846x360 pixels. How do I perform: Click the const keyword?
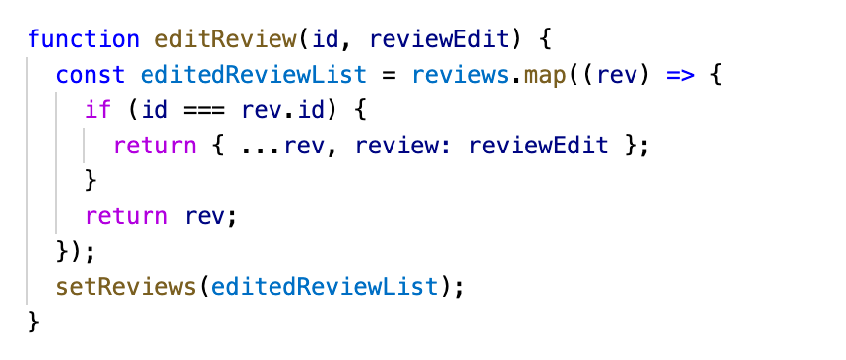(91, 75)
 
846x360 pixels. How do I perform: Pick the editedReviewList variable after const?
(254, 75)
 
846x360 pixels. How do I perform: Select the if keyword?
(98, 110)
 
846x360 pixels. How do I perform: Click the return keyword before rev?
(127, 216)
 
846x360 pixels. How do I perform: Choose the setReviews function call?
(126, 287)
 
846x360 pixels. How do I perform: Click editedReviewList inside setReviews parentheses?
(325, 287)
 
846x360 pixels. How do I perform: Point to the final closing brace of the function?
(34, 323)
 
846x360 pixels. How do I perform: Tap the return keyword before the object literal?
(155, 146)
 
